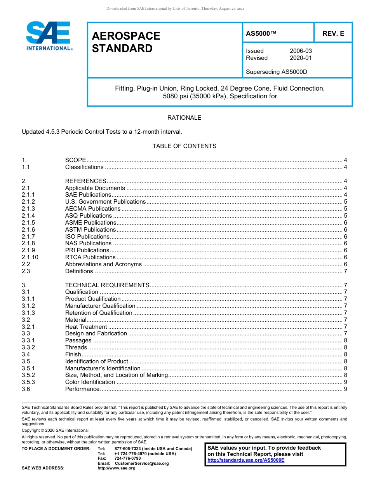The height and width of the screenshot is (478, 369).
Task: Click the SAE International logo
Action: [x=49, y=36]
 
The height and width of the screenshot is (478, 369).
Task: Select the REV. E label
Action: [x=333, y=34]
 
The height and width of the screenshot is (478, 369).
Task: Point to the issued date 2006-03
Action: [x=301, y=51]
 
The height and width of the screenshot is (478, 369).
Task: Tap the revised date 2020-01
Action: [x=301, y=58]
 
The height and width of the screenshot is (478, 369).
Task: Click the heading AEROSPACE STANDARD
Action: [x=126, y=42]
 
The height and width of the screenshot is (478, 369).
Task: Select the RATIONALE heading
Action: [x=184, y=118]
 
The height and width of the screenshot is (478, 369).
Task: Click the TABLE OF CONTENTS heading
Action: [x=184, y=146]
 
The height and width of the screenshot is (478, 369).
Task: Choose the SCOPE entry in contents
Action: [x=75, y=160]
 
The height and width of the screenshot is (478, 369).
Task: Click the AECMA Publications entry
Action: [x=92, y=209]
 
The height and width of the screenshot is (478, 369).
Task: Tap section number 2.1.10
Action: [x=30, y=257]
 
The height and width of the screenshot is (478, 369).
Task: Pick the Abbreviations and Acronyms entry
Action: [x=103, y=264]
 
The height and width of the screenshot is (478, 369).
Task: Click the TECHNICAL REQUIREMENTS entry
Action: [x=107, y=285]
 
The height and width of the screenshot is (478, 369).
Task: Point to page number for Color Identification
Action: [x=345, y=382]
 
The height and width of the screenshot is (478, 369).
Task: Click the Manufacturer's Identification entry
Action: [x=103, y=368]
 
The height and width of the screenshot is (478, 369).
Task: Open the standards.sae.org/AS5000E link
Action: [x=246, y=460]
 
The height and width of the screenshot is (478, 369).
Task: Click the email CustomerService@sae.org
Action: [x=141, y=463]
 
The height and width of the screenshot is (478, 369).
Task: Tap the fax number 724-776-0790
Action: [x=127, y=459]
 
